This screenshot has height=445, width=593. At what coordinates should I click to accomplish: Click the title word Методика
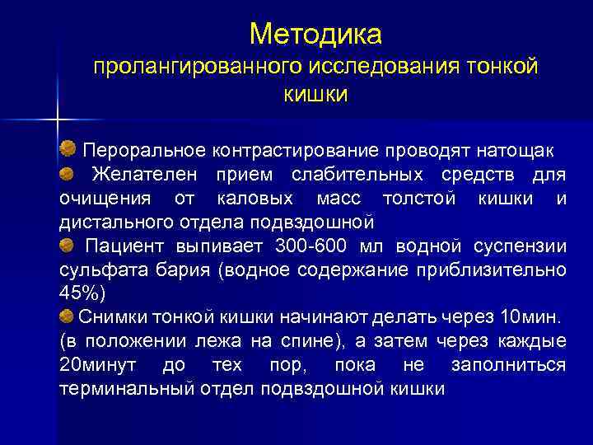tap(315, 34)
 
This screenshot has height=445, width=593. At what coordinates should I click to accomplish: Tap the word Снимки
tap(110, 317)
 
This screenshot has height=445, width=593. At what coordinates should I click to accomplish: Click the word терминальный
tap(128, 388)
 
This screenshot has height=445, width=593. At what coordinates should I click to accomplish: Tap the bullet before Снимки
tap(66, 316)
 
